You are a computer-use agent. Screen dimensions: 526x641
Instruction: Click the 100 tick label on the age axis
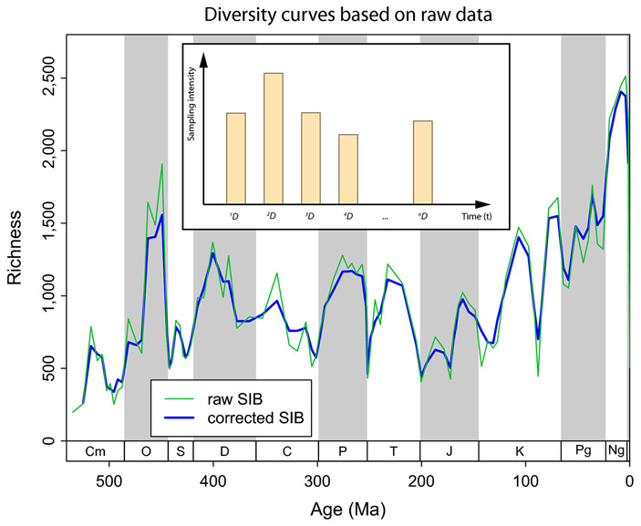point(525,480)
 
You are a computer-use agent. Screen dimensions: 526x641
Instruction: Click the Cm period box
point(95,451)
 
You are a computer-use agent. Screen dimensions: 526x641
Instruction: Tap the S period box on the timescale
point(181,451)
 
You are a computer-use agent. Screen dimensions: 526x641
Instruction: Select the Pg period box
point(584,451)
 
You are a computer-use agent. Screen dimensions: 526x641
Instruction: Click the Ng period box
point(617,451)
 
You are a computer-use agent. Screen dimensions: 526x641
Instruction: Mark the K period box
point(520,451)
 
